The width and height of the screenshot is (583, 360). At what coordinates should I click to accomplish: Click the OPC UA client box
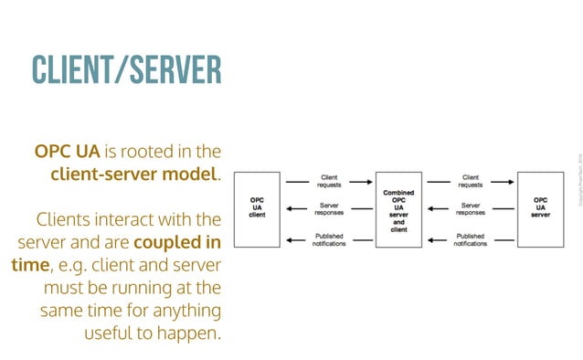(x=258, y=209)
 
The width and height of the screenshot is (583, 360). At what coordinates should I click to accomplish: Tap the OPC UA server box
(x=540, y=209)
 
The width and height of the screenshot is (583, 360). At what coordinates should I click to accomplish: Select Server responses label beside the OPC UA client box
(x=329, y=210)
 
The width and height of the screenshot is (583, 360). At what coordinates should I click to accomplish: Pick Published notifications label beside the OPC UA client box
(x=329, y=240)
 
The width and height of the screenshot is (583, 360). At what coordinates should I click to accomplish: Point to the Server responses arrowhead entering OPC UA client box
(x=289, y=209)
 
